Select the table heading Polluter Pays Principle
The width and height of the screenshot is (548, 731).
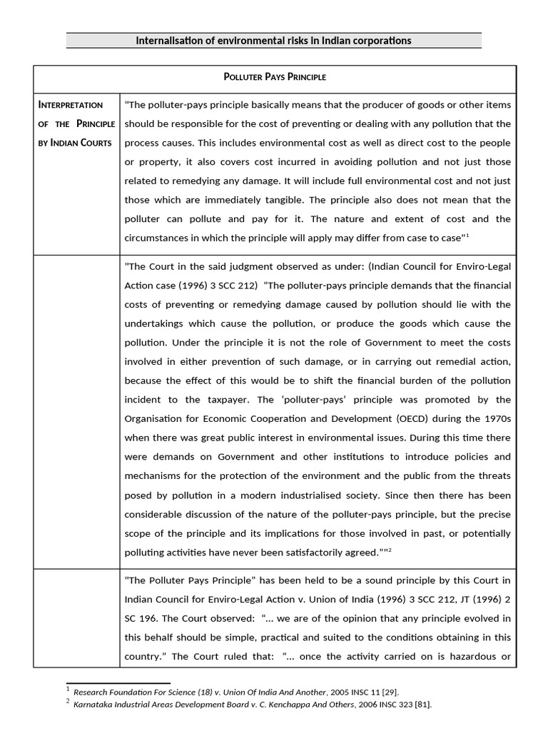click(274, 76)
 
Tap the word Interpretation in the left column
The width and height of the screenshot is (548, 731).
click(70, 105)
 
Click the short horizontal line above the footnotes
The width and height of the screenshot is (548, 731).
click(118, 682)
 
